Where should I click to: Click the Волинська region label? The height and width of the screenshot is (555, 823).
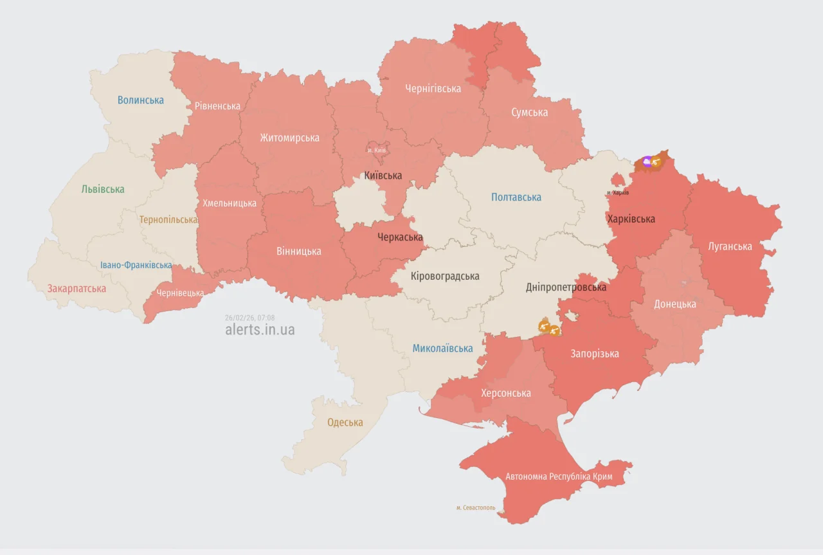tap(140, 100)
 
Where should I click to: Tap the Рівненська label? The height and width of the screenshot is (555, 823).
tap(217, 106)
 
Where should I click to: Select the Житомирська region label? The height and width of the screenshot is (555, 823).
tap(289, 138)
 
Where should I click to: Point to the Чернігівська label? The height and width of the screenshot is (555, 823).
tap(433, 89)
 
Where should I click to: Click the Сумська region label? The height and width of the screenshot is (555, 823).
tap(529, 113)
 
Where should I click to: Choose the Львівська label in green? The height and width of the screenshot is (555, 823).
tap(103, 189)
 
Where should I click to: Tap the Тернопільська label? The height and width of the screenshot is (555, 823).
tap(168, 220)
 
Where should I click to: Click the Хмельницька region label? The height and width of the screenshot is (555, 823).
tap(229, 203)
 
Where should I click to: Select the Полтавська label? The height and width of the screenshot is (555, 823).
tap(516, 197)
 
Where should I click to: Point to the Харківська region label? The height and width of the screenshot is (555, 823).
tap(631, 219)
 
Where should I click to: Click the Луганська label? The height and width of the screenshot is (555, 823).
tap(730, 246)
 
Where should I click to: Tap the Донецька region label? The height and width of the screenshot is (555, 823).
tap(674, 304)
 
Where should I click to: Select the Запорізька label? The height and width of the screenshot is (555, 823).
tap(595, 354)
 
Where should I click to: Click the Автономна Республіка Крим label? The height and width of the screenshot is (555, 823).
tap(559, 477)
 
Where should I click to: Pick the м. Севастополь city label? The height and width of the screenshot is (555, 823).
tap(476, 508)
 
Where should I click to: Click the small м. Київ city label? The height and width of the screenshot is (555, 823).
tap(377, 150)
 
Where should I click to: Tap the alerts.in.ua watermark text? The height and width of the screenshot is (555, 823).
tap(260, 330)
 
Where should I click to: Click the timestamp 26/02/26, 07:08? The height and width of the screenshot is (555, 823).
tap(250, 318)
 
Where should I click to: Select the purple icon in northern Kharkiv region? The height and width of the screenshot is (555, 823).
tap(647, 161)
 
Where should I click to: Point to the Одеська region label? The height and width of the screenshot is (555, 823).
tap(345, 423)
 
